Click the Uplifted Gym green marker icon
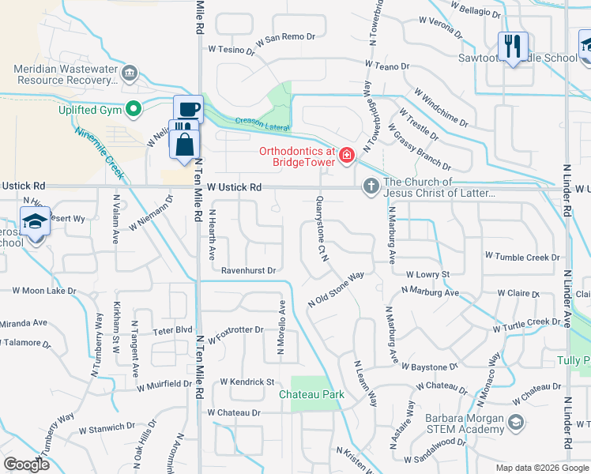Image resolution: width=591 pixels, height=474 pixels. (x=134, y=109)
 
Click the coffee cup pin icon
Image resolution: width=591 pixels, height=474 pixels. (x=188, y=110)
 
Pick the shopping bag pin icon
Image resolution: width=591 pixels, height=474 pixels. (x=184, y=145)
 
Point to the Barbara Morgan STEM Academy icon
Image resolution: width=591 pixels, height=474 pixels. (x=516, y=423)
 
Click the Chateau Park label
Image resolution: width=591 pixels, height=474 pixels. (x=312, y=393)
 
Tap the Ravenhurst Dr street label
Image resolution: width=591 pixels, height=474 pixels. (x=248, y=270)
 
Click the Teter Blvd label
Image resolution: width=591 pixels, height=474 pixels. (x=172, y=330)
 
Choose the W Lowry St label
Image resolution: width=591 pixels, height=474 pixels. (x=427, y=274)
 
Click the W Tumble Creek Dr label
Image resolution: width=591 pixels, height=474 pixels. (x=522, y=257)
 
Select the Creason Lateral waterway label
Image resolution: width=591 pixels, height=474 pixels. (x=262, y=124)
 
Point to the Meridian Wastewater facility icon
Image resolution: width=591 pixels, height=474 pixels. (x=129, y=74)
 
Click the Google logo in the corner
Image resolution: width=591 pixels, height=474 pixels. (x=27, y=465)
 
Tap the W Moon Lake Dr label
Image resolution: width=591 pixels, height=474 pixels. (x=44, y=291)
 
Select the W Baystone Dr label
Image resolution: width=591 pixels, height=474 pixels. (x=430, y=367)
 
